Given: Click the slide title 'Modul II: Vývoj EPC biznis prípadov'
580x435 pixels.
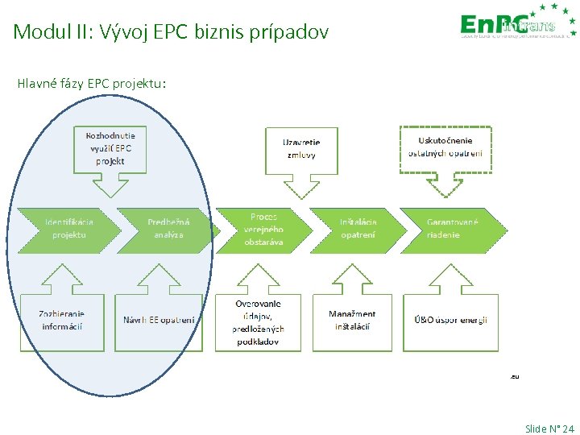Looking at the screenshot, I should pyautogui.click(x=171, y=33).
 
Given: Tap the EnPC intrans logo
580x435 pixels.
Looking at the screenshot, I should pyautogui.click(x=516, y=24).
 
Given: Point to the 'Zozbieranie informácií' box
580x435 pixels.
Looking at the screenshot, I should pyautogui.click(x=62, y=320).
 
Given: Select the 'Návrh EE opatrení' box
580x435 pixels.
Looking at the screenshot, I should pyautogui.click(x=159, y=320).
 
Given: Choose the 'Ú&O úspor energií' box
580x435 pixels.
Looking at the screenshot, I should pyautogui.click(x=451, y=320).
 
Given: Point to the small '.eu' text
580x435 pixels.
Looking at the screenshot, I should pyautogui.click(x=514, y=375).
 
